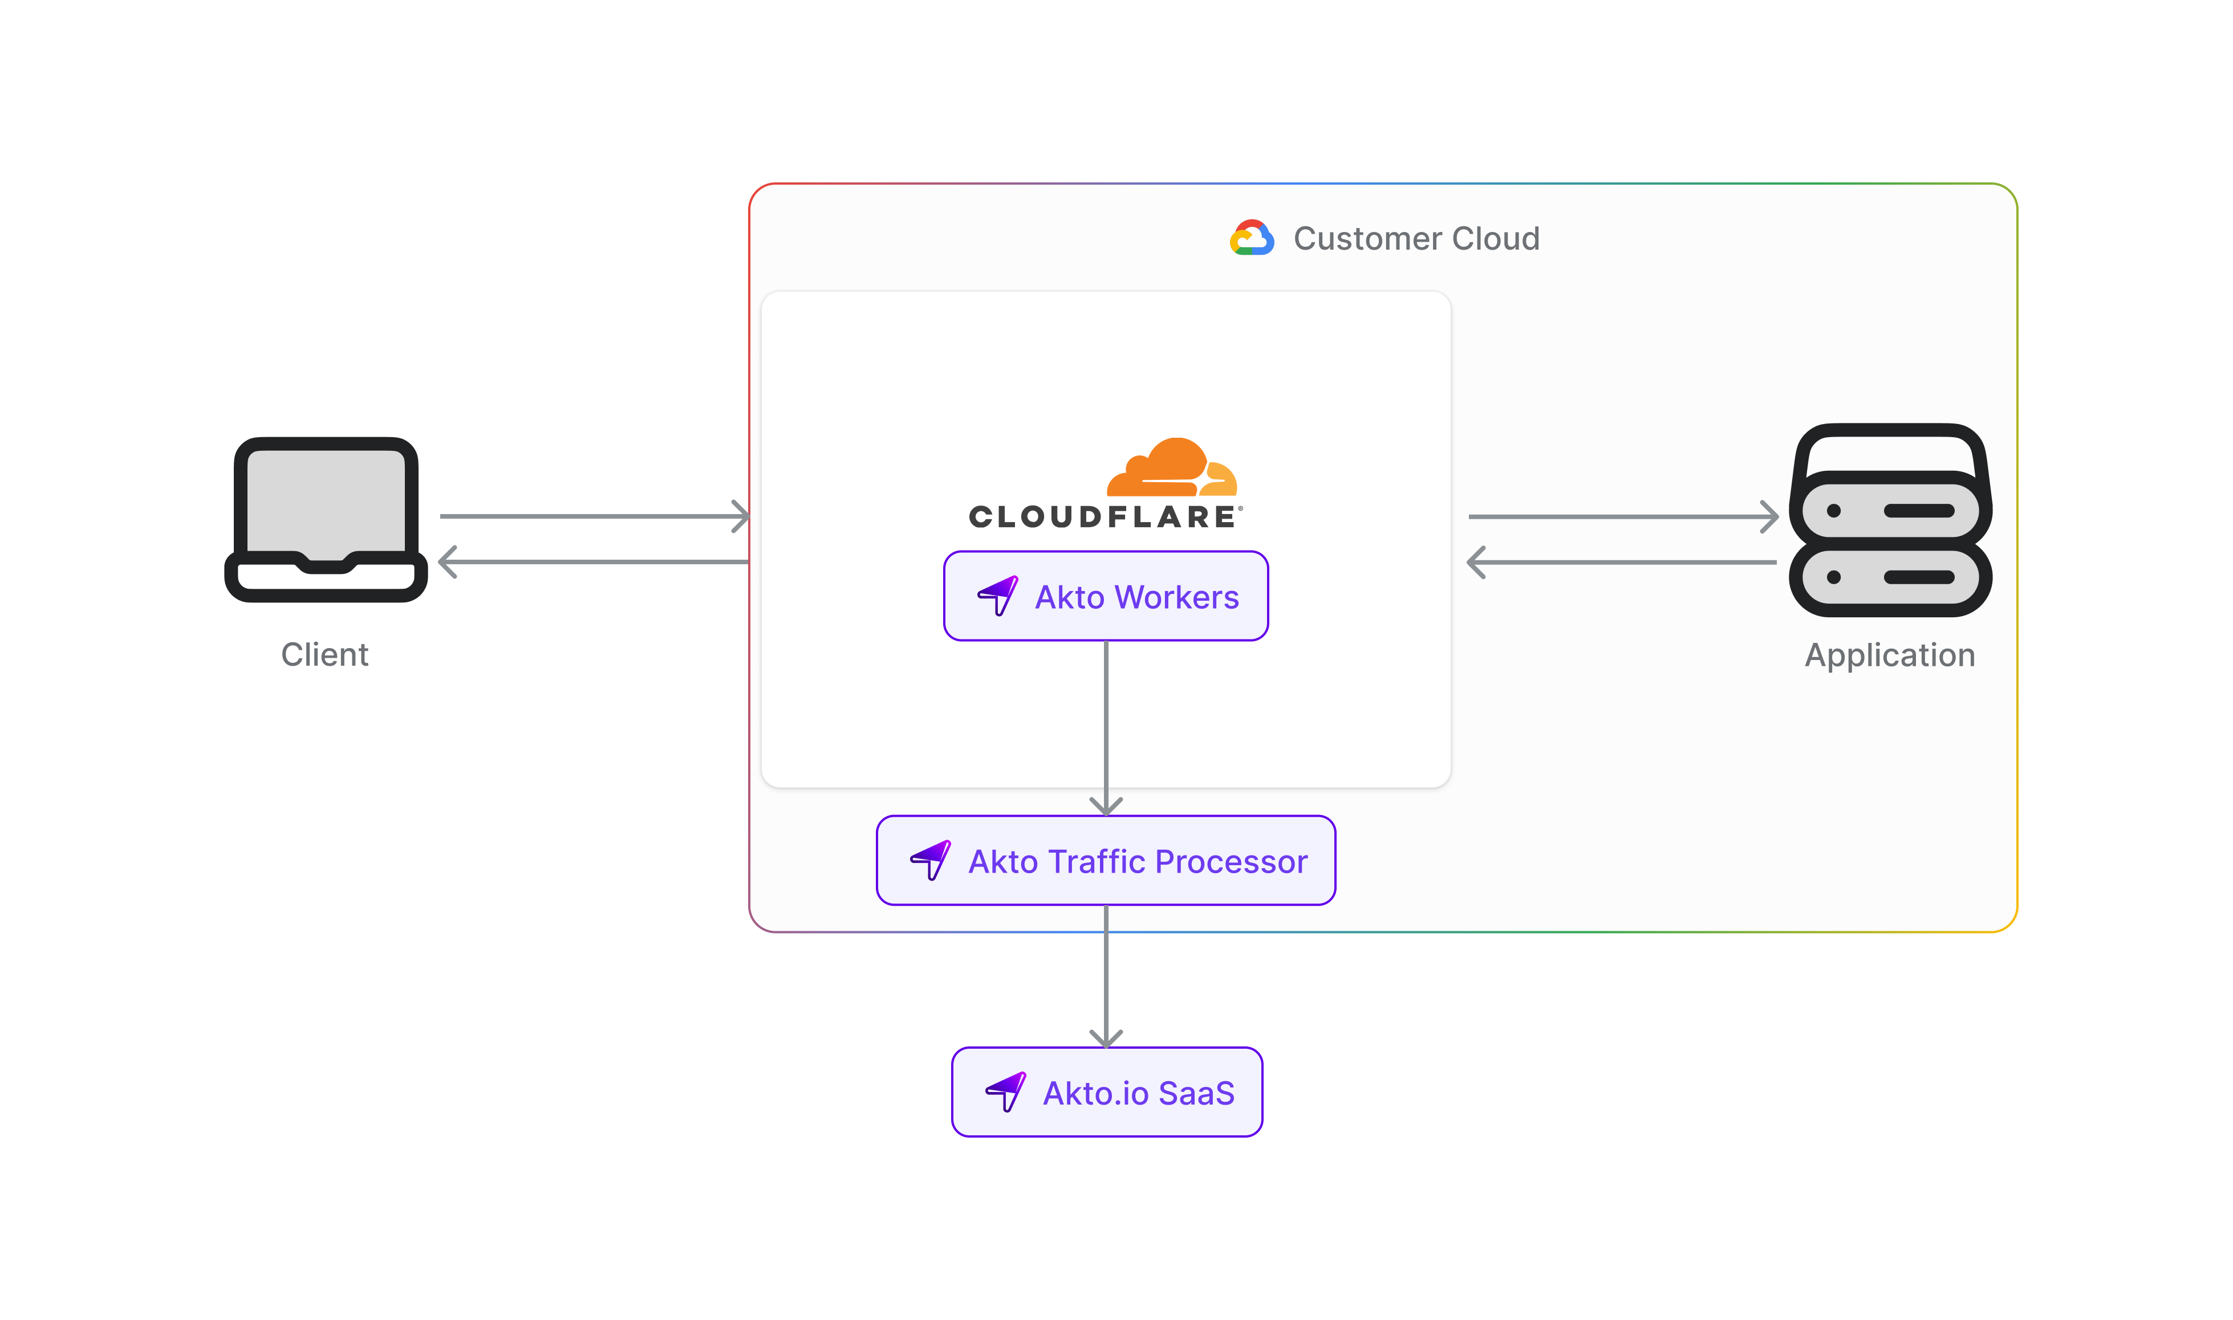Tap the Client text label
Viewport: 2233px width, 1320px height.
pos(324,655)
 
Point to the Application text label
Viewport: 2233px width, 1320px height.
pos(1890,655)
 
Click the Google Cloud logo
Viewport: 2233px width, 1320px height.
pos(1252,238)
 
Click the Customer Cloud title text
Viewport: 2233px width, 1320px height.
pos(1416,238)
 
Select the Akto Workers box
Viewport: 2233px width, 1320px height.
pos(1106,596)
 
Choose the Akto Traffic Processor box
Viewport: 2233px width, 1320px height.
pos(1106,860)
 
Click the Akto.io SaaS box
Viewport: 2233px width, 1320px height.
pos(1107,1092)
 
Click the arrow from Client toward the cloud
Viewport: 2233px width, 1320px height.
pos(594,516)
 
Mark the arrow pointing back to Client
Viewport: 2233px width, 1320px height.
pos(594,562)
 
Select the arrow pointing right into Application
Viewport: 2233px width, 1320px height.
pos(1623,516)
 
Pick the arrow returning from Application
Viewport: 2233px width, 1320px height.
pos(1623,562)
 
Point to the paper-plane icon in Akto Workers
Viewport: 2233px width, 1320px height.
pos(998,595)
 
